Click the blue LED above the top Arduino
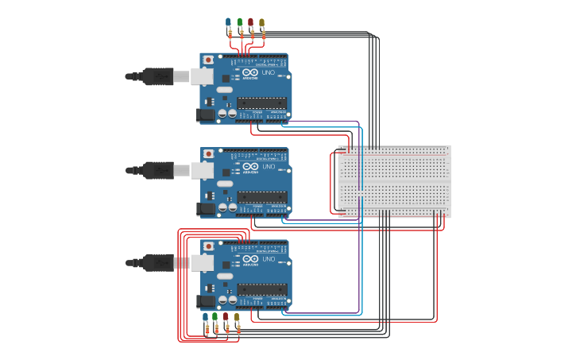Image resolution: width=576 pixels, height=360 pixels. tap(229, 22)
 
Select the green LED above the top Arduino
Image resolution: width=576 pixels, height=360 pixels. tap(240, 22)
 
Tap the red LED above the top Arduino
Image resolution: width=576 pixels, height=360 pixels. tap(251, 22)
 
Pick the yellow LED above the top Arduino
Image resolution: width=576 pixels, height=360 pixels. tap(262, 22)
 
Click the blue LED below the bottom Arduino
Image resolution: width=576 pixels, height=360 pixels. tap(205, 316)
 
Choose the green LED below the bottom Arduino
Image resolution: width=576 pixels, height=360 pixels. tap(215, 316)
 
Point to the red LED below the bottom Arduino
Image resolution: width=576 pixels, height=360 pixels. tap(226, 316)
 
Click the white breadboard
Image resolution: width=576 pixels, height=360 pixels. tap(394, 181)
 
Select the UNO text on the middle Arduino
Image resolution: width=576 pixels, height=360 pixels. tap(269, 167)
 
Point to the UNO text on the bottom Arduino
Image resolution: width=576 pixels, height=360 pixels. tap(269, 259)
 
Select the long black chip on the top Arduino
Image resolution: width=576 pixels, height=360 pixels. tap(261, 102)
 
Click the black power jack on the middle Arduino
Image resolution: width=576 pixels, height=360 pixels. tap(207, 208)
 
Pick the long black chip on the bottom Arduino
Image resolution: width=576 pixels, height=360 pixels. tap(261, 288)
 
